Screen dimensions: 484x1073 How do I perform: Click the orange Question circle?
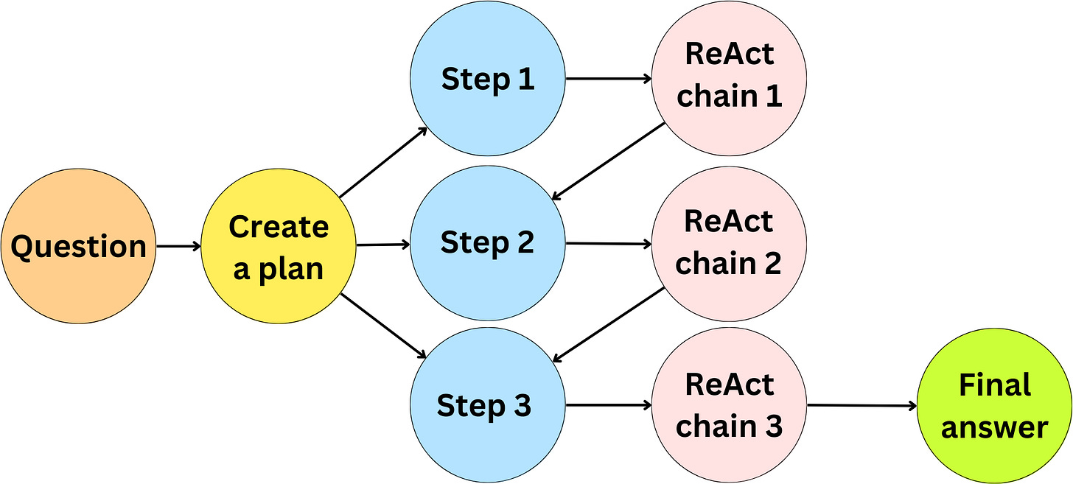(x=78, y=247)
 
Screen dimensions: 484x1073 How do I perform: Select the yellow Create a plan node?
(x=279, y=247)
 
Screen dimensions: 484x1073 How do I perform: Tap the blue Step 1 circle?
(x=487, y=79)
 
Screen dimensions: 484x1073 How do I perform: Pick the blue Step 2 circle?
(x=487, y=242)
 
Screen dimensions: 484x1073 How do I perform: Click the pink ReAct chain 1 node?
(x=729, y=76)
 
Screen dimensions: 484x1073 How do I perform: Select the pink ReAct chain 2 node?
(x=729, y=242)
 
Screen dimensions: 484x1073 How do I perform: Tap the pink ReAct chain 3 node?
(x=729, y=405)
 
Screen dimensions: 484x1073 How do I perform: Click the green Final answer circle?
(x=994, y=405)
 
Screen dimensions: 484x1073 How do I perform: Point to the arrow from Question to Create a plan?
(x=178, y=247)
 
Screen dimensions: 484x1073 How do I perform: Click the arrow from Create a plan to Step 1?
(x=383, y=162)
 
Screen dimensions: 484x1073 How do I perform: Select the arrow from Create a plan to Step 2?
(x=382, y=244)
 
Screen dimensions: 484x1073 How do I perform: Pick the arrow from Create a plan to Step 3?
(x=383, y=326)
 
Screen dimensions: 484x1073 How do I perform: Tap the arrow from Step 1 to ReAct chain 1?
(x=609, y=77)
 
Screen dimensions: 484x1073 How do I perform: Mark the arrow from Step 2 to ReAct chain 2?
(x=609, y=243)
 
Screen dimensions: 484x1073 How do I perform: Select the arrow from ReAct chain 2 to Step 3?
(x=609, y=324)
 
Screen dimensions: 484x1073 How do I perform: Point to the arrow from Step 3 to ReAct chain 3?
(x=609, y=404)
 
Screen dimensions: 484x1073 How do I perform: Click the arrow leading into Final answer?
(x=861, y=405)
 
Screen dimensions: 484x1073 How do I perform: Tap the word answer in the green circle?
(x=994, y=427)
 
